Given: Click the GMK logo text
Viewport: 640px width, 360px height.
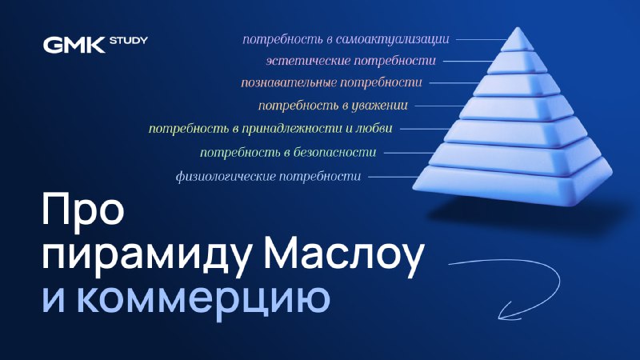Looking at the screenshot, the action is tap(74, 45).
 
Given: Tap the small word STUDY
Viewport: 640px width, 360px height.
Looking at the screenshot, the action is tap(129, 41).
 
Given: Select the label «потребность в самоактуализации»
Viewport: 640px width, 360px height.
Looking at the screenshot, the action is tap(346, 39).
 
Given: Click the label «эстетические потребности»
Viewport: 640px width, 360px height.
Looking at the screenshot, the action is tap(351, 61).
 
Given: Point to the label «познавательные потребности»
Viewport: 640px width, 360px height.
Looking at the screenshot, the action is tap(331, 83).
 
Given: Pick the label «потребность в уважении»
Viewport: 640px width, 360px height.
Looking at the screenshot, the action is tap(333, 106).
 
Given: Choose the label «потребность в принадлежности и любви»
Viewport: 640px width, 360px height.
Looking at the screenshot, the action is tap(270, 129).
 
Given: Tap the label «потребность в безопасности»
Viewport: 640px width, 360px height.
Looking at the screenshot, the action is tap(288, 153).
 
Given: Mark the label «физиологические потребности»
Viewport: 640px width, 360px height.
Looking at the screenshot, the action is tap(269, 177).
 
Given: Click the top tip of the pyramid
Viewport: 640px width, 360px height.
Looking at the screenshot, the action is tap(518, 28).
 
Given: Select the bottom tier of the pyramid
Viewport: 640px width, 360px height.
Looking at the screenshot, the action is tap(513, 184).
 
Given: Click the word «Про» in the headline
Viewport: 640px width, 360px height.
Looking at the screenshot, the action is tap(83, 209).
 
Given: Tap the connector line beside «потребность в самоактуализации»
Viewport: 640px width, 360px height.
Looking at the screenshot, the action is tap(482, 39).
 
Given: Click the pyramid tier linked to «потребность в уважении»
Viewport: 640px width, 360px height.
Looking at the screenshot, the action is tap(517, 109).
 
